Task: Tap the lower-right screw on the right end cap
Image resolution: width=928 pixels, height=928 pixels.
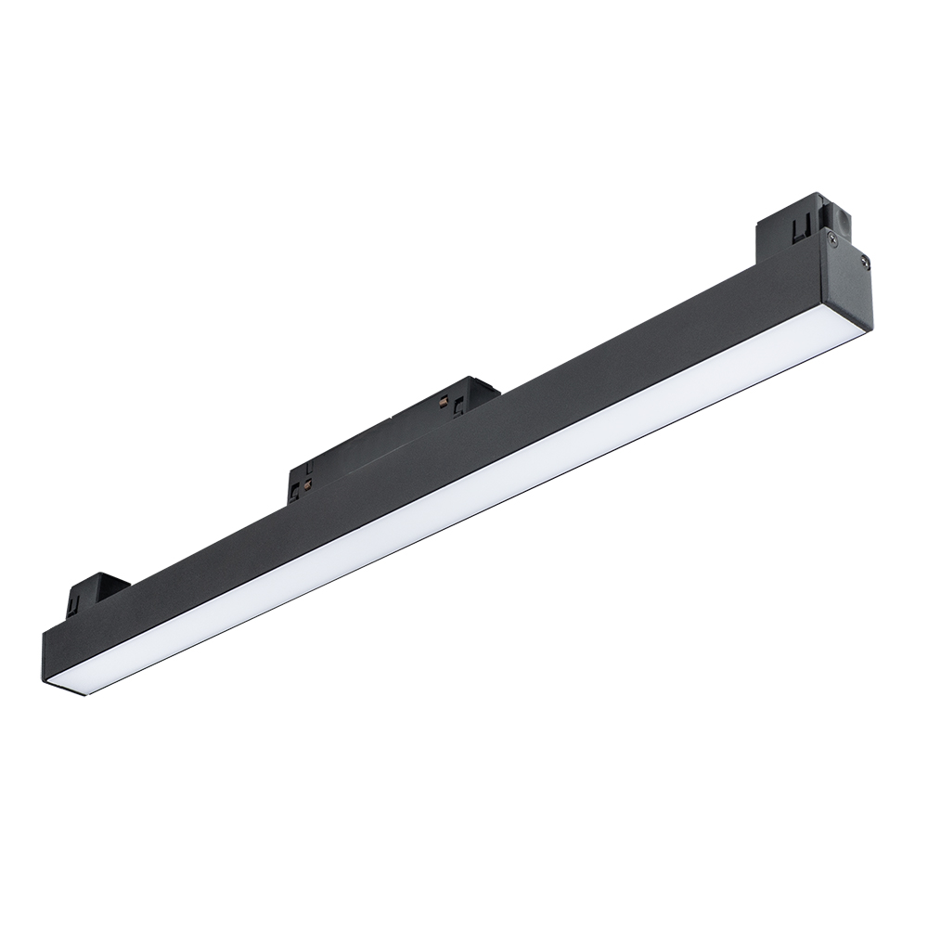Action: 866,263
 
